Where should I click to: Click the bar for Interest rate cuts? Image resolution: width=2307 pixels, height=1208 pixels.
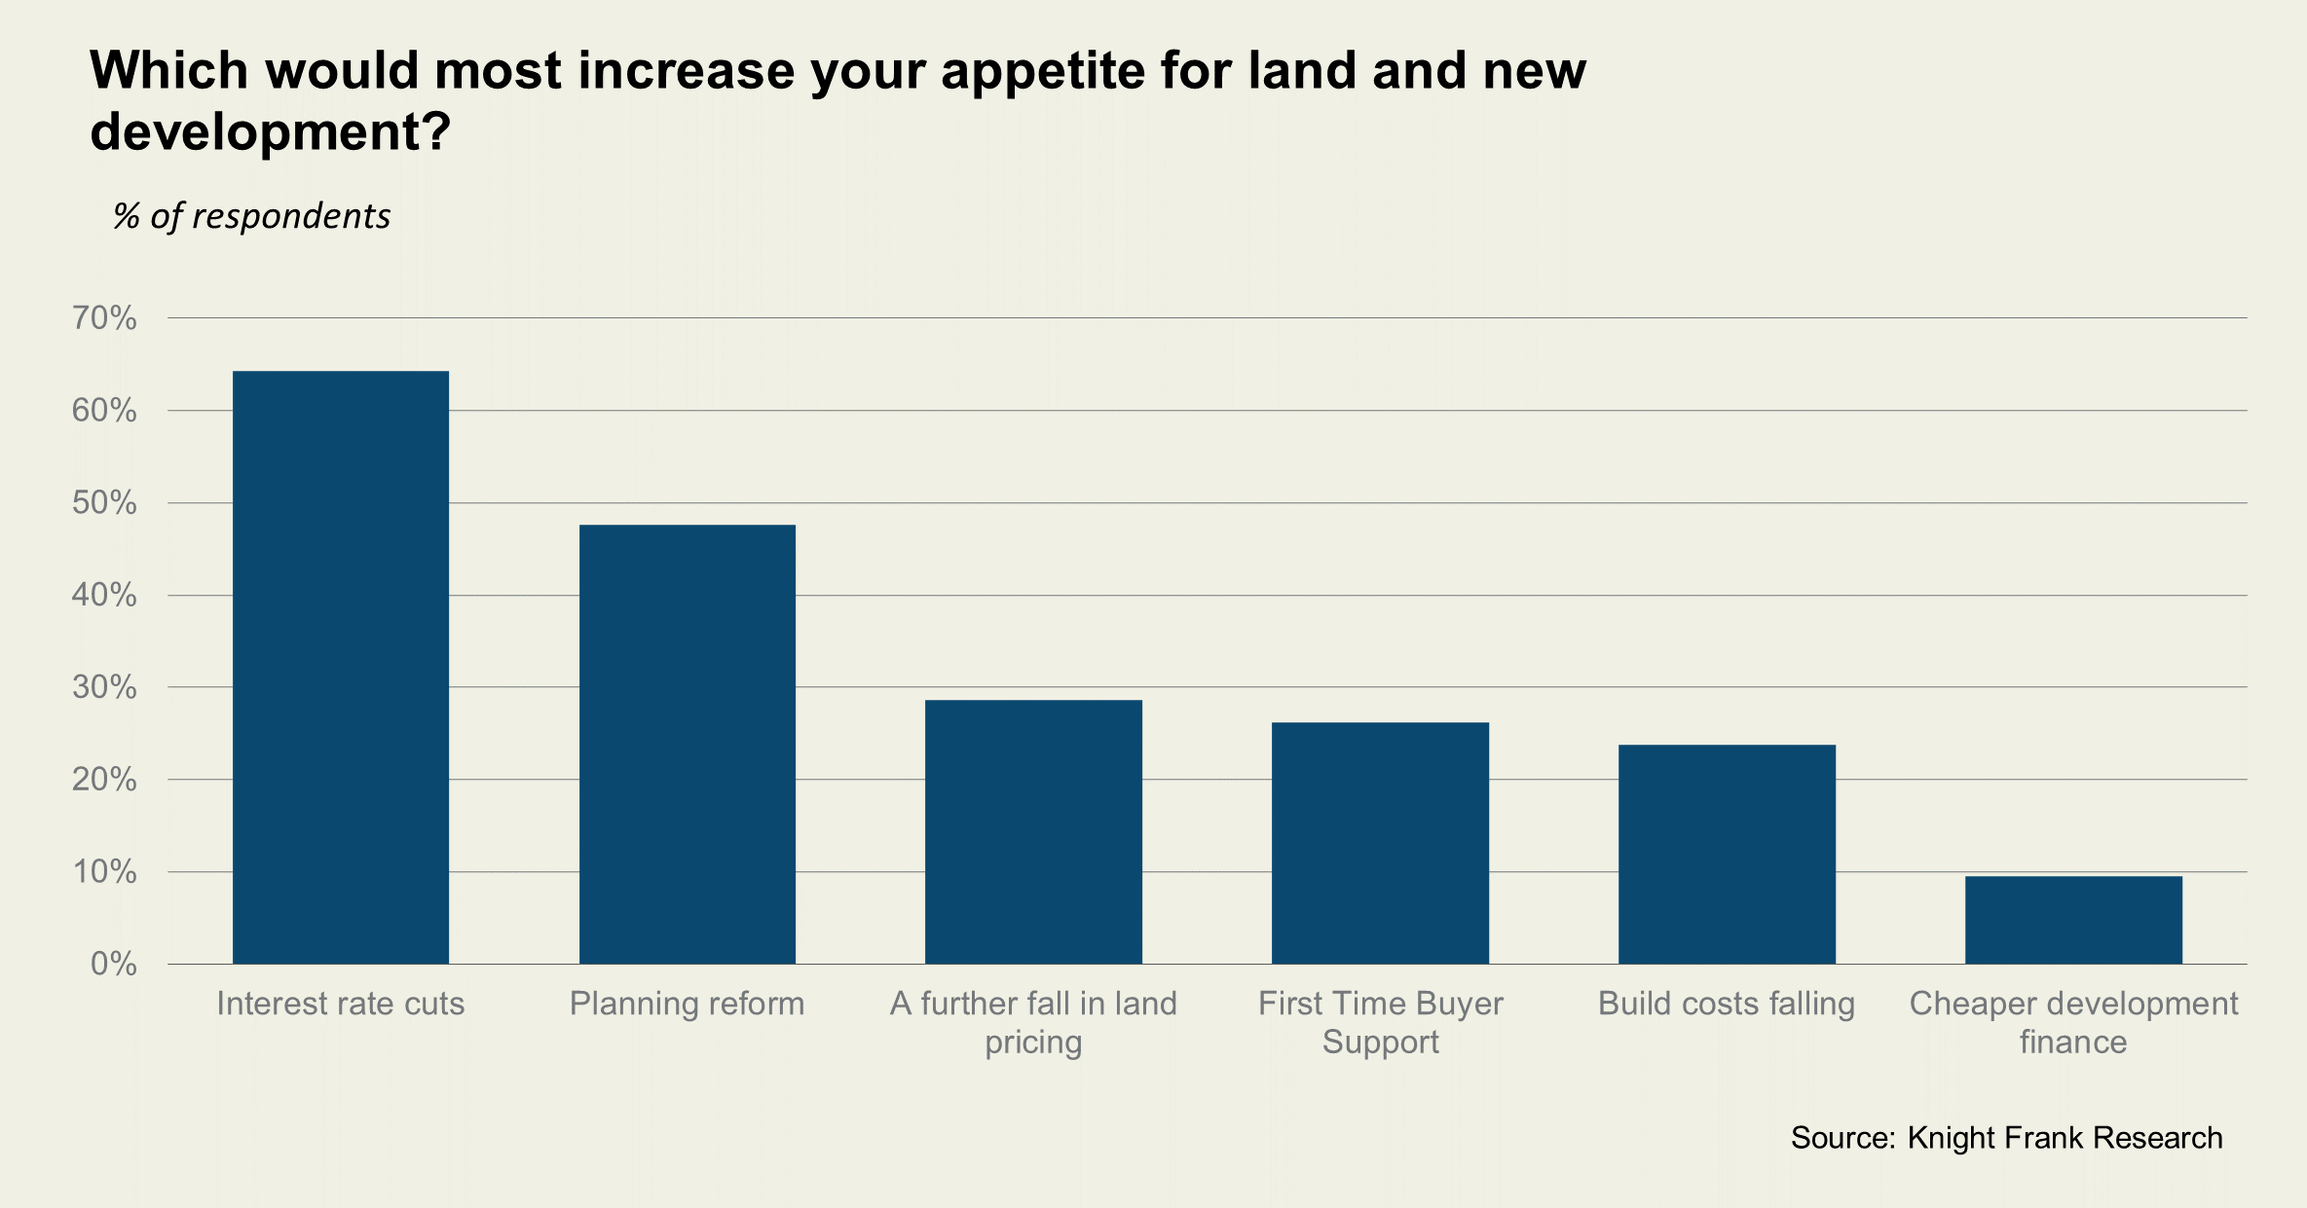pos(341,667)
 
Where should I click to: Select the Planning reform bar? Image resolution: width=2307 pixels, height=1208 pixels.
pos(688,745)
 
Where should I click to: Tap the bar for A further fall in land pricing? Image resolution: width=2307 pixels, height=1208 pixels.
pos(1033,832)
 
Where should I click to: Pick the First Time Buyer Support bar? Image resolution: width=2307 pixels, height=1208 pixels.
pos(1380,843)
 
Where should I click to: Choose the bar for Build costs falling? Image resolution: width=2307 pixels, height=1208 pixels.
pos(1727,854)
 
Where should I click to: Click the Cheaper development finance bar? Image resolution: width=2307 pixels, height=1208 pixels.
pos(2073,920)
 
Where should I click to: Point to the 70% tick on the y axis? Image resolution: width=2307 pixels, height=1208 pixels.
pos(104,318)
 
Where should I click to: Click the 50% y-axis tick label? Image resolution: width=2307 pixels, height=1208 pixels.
pos(104,503)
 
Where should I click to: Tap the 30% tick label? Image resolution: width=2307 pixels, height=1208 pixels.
pos(104,687)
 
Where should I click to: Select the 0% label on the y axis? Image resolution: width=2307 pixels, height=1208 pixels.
pos(113,964)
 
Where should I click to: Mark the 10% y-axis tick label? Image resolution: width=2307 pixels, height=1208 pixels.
pos(104,871)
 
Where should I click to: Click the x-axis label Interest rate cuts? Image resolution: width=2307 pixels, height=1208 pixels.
pos(341,1004)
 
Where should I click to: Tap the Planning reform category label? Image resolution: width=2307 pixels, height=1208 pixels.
pos(688,1004)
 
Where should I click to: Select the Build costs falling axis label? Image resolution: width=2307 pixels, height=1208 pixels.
pos(1727,1004)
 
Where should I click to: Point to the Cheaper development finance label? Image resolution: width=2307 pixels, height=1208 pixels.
pos(2073,1022)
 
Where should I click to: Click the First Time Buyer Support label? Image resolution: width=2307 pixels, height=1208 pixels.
pos(1380,1022)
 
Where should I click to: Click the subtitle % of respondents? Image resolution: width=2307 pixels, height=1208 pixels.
pos(252,216)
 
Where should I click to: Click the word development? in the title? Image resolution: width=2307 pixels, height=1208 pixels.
pos(271,131)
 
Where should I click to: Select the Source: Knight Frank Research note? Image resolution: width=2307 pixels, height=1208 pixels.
pos(2006,1138)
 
